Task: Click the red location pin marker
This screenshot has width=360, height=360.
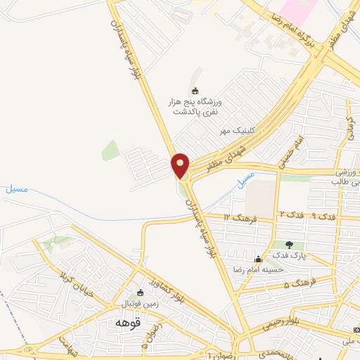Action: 181,165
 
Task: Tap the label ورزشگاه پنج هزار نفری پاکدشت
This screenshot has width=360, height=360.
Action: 195,107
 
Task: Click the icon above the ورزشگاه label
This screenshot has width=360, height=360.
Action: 195,89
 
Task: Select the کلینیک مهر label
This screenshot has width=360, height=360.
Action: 236,131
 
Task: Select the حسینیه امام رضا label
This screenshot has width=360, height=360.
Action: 258,269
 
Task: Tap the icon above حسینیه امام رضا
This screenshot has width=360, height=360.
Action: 258,258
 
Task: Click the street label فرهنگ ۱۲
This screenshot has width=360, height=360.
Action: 238,217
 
